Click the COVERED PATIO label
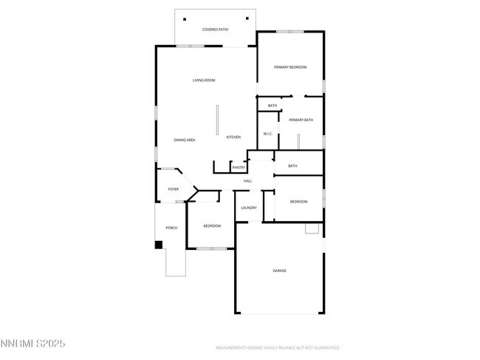click(x=215, y=30)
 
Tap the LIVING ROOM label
click(x=204, y=80)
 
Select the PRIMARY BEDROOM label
click(x=290, y=67)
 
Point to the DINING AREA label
click(x=184, y=140)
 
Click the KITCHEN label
click(x=233, y=137)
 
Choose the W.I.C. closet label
click(x=267, y=134)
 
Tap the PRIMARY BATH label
click(x=301, y=120)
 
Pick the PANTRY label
click(x=239, y=168)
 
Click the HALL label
click(x=247, y=181)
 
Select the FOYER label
click(x=174, y=189)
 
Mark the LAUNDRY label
click(x=249, y=208)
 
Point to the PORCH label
click(x=171, y=228)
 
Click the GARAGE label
click(x=280, y=271)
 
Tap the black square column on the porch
click(x=158, y=245)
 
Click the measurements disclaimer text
click(x=277, y=347)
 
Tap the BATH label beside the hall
click(x=292, y=166)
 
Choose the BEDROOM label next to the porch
click(x=212, y=225)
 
